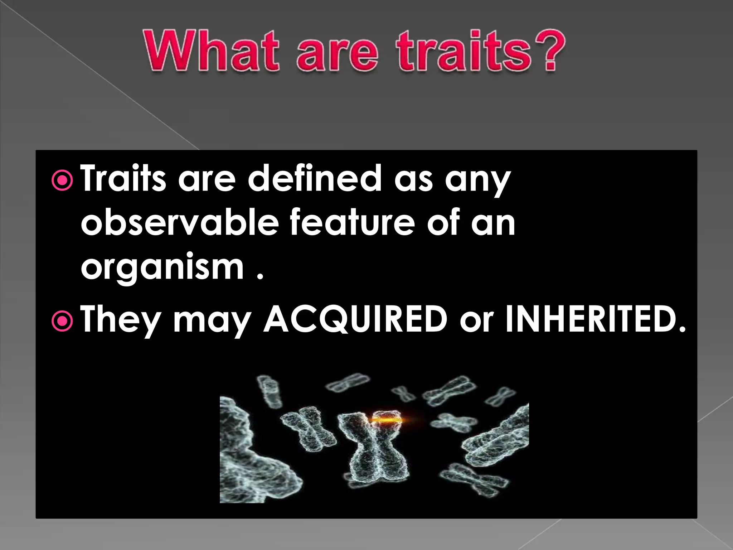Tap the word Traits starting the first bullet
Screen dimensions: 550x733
point(123,178)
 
